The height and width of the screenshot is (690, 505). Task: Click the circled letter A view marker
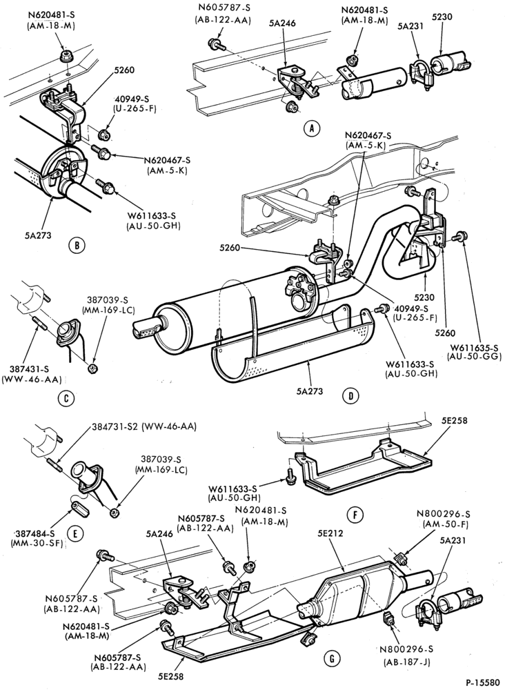click(x=312, y=128)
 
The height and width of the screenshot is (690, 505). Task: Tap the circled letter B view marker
click(x=77, y=245)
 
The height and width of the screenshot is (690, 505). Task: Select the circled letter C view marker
click(x=66, y=398)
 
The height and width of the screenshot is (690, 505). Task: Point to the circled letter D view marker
click(x=350, y=395)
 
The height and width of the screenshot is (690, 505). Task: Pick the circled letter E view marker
click(x=75, y=534)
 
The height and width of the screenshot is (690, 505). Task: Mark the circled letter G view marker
click(x=331, y=658)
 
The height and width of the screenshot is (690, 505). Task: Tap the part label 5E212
click(x=330, y=533)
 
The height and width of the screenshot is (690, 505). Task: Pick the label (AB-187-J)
click(x=407, y=662)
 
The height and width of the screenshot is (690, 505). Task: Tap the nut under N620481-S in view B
click(x=66, y=56)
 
